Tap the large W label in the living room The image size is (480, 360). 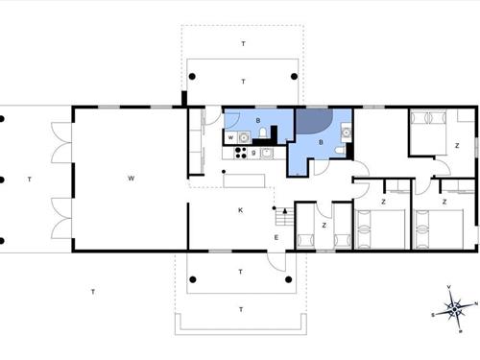(131, 179)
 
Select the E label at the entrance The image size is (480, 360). (276, 237)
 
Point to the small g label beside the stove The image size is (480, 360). (252, 153)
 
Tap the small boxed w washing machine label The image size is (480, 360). (231, 137)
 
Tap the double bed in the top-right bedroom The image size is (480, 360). (427, 132)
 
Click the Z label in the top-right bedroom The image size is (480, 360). (457, 145)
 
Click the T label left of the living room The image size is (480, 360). (30, 179)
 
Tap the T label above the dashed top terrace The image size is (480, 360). (243, 44)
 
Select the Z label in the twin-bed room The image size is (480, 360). (324, 225)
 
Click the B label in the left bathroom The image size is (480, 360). (258, 120)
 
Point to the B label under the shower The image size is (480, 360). (320, 141)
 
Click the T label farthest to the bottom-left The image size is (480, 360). (92, 291)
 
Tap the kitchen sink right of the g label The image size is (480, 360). (268, 152)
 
